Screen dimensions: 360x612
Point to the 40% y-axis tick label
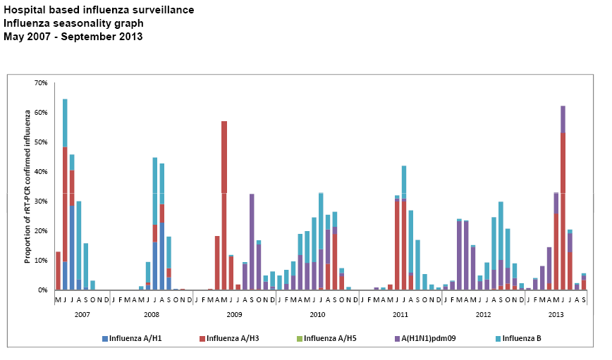pyautogui.click(x=41, y=172)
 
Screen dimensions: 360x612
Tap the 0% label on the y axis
pyautogui.click(x=43, y=290)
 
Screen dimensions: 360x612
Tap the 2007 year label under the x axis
pyautogui.click(x=82, y=314)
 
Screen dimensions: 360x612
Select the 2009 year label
pyautogui.click(x=235, y=314)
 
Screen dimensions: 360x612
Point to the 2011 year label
pyautogui.click(x=400, y=314)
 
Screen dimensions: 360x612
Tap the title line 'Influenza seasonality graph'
pyautogui.click(x=73, y=23)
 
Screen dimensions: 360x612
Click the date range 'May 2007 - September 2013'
pyautogui.click(x=73, y=37)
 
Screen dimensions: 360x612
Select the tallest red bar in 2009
pyautogui.click(x=224, y=204)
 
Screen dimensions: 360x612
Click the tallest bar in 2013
pyautogui.click(x=563, y=197)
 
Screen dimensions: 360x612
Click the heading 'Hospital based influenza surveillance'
pyautogui.click(x=99, y=10)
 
